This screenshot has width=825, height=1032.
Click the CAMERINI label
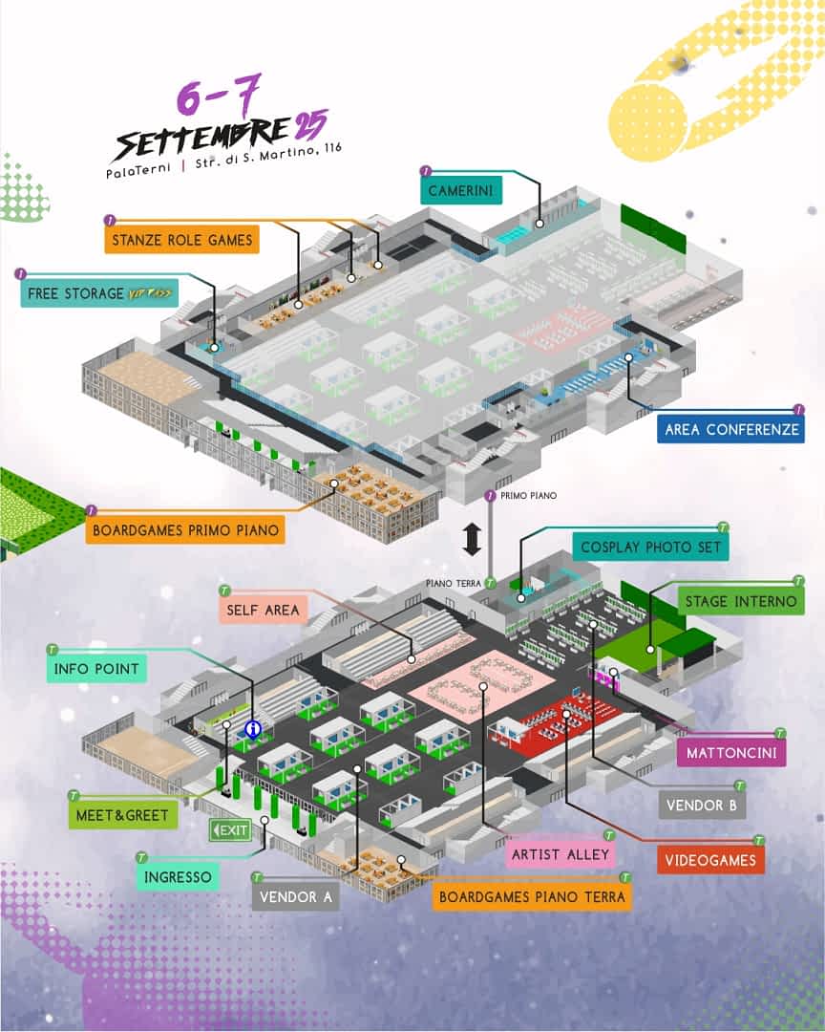(x=461, y=190)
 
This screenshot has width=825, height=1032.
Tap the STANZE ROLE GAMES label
(x=181, y=240)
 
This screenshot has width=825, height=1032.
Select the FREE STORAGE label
(x=99, y=293)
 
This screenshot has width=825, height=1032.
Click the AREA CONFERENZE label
(x=730, y=430)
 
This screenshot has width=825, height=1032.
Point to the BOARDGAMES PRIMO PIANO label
(x=185, y=529)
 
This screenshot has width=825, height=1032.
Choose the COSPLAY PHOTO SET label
(x=650, y=547)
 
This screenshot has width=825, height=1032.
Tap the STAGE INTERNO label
(x=741, y=601)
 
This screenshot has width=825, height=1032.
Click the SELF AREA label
(x=263, y=610)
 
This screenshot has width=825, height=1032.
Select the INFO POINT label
(x=96, y=669)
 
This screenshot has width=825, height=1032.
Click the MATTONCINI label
(x=731, y=752)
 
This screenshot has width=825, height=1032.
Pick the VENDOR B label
(x=702, y=805)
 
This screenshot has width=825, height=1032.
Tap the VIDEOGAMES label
(x=710, y=860)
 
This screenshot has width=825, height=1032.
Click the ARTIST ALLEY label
(x=561, y=854)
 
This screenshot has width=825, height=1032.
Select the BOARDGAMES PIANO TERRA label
(x=532, y=896)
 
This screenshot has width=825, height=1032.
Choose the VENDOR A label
(x=295, y=896)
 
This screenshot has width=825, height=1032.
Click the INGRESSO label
(x=178, y=876)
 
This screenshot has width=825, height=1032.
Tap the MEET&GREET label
(x=122, y=815)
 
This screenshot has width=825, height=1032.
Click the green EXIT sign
(x=230, y=830)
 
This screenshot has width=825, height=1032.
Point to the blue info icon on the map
(x=253, y=729)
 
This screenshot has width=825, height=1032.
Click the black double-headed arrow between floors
(x=472, y=539)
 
